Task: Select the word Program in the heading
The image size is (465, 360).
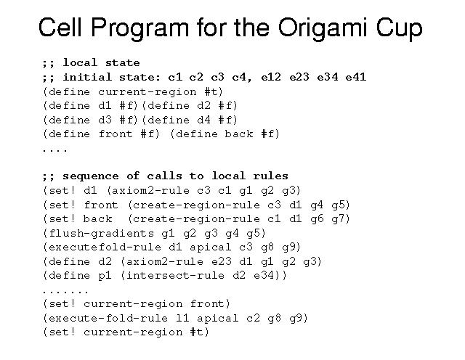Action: (x=139, y=28)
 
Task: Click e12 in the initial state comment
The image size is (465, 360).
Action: (x=271, y=78)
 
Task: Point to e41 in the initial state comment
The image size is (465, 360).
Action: (x=356, y=78)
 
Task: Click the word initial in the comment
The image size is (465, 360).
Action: (x=87, y=78)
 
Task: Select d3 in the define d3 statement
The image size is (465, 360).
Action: (x=105, y=120)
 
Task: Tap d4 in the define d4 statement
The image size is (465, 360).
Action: (x=203, y=120)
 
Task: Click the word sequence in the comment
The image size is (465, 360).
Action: (x=90, y=176)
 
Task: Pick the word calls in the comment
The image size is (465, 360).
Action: (x=165, y=176)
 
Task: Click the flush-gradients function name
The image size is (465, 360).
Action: (x=102, y=233)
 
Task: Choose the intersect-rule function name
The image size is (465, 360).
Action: (x=175, y=275)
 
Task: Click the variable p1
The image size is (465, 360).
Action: (x=105, y=276)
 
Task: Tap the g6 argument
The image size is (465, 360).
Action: (x=317, y=219)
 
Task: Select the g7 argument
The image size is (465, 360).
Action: (x=338, y=219)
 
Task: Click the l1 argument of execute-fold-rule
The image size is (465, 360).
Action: (x=182, y=318)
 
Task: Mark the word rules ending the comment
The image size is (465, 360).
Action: (x=270, y=176)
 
